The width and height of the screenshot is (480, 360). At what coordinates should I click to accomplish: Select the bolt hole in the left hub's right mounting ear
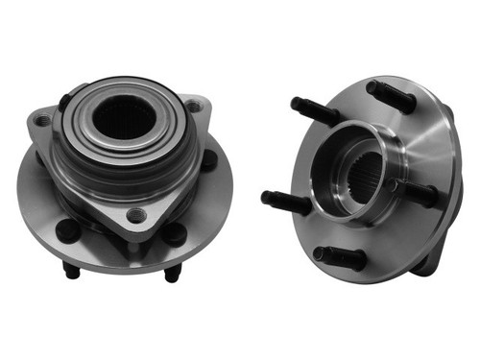(x=196, y=108)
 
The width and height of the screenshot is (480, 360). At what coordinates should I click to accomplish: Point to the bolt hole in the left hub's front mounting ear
(x=137, y=215)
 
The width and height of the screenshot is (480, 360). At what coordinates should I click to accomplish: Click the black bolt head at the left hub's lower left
(x=68, y=230)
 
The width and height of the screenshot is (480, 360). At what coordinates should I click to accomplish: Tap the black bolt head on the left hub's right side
(x=208, y=160)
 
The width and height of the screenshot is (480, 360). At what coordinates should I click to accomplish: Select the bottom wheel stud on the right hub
(x=340, y=256)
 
